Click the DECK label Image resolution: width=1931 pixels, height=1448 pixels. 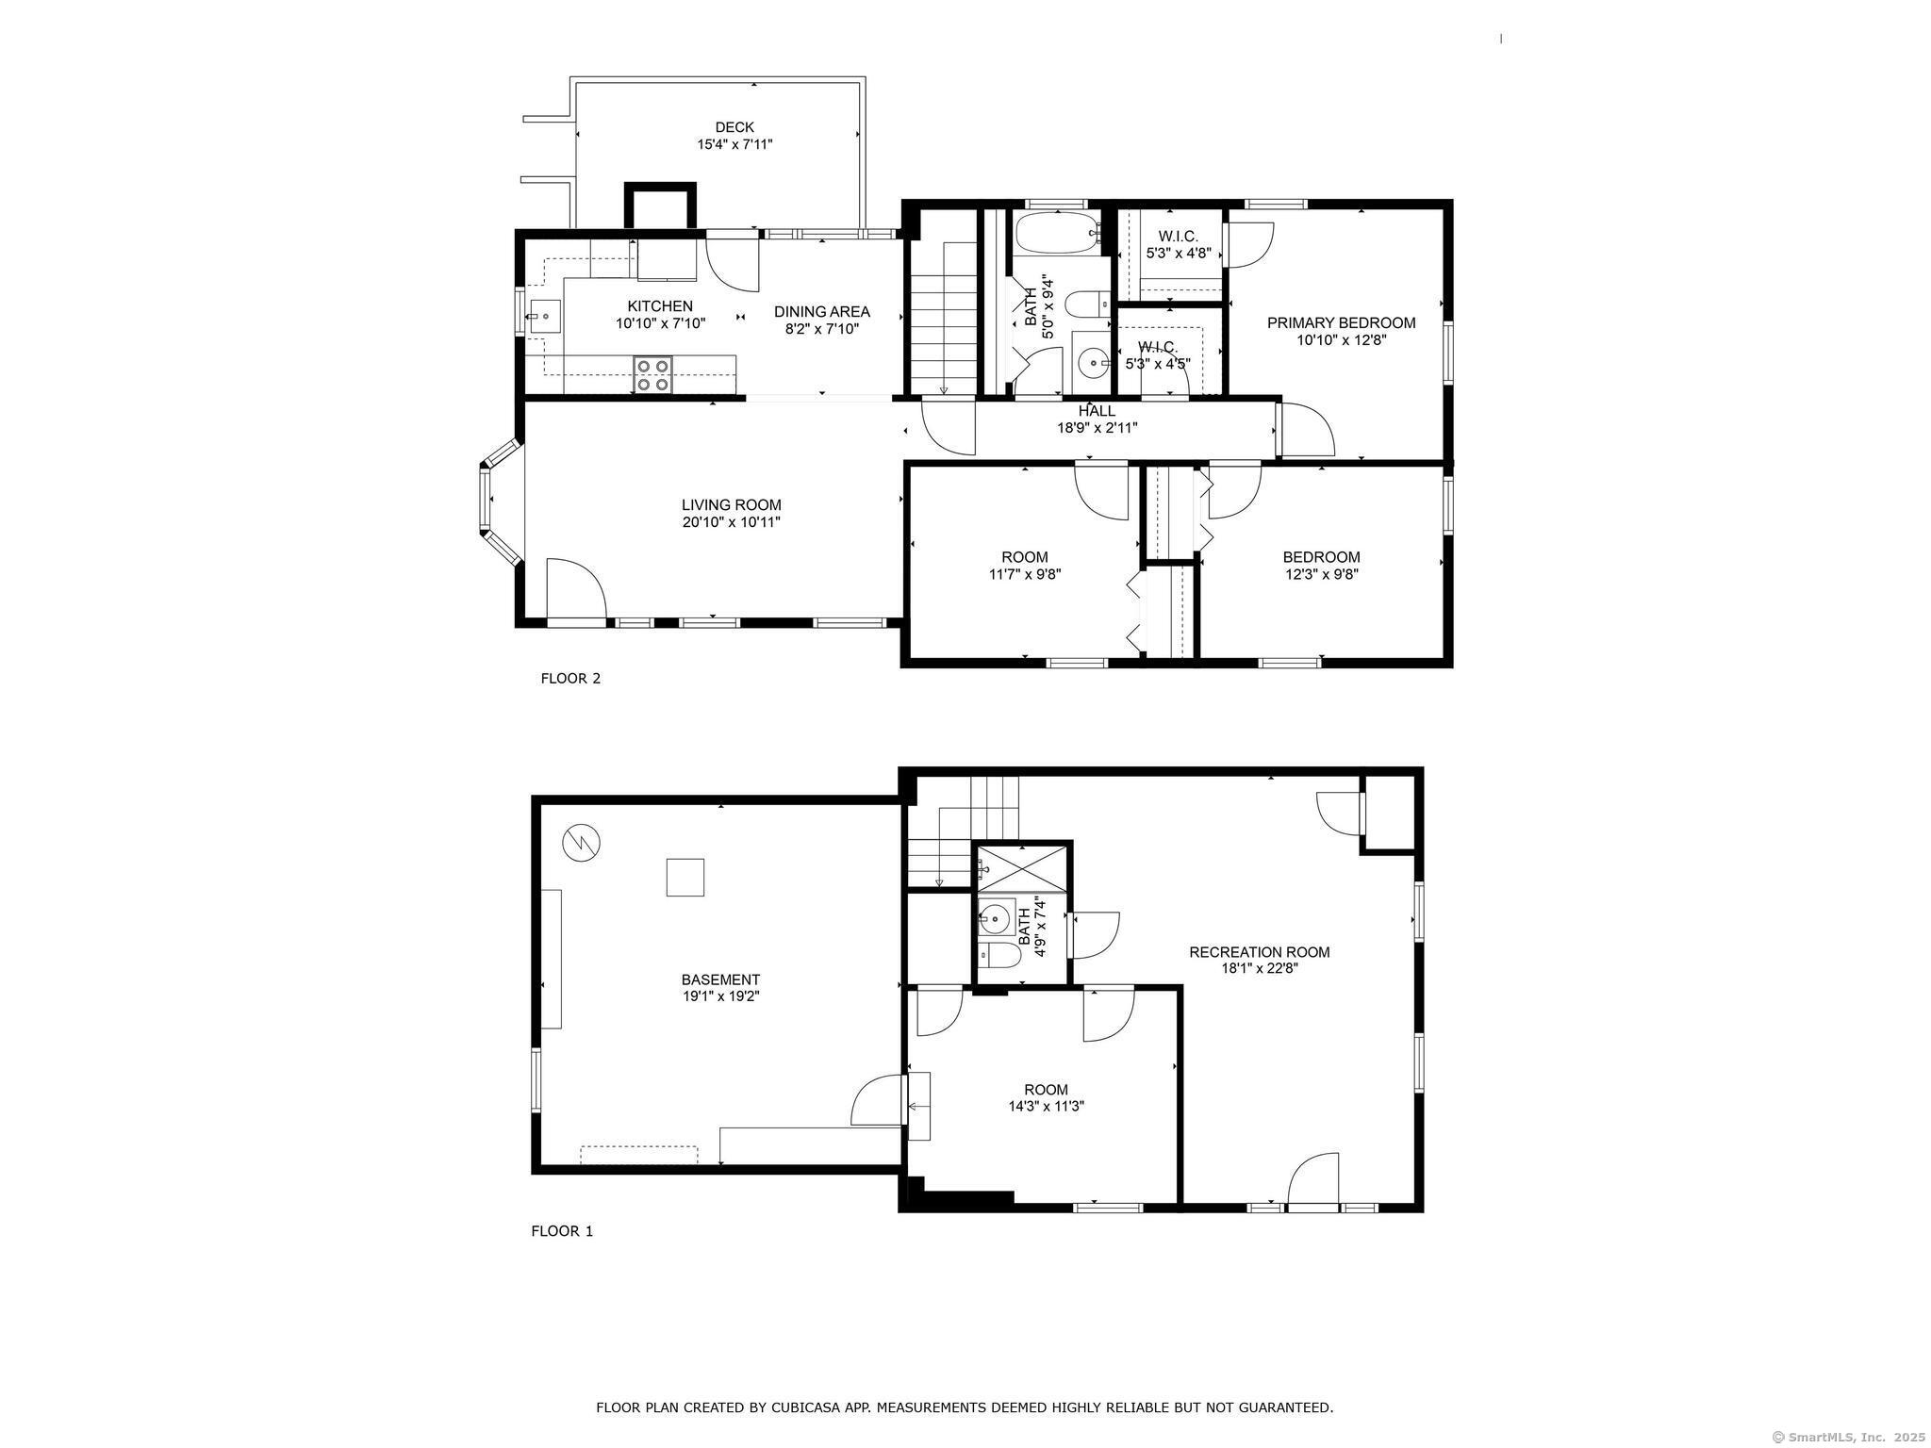[734, 127]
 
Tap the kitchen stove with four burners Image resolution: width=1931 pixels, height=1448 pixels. [652, 374]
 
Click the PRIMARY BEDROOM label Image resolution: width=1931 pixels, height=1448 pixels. [1341, 323]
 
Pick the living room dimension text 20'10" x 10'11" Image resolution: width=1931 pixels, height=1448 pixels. [732, 522]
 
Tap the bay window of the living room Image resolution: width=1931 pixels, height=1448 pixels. [497, 504]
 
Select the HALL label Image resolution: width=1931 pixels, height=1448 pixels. [1097, 411]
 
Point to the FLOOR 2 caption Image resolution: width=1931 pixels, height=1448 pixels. [570, 678]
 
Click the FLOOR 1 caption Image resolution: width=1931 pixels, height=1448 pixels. [562, 1230]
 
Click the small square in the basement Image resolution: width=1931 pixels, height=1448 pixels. [685, 877]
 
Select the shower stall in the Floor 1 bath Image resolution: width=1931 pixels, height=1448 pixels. [1021, 867]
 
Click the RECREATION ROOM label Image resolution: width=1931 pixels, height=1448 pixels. [1259, 952]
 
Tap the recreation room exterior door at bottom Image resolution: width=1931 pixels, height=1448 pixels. [1312, 1182]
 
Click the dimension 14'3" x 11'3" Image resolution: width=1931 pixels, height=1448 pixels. [1046, 1107]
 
